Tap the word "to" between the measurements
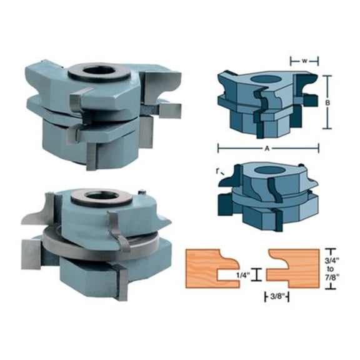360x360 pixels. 332,267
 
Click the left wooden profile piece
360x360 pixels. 212,265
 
